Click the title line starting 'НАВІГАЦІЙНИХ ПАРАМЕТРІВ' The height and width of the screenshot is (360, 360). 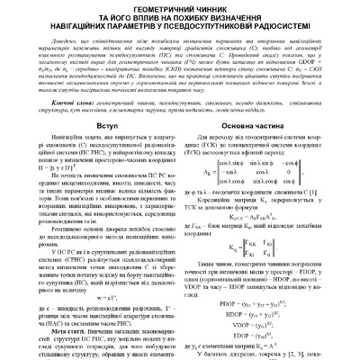tap(180, 26)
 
